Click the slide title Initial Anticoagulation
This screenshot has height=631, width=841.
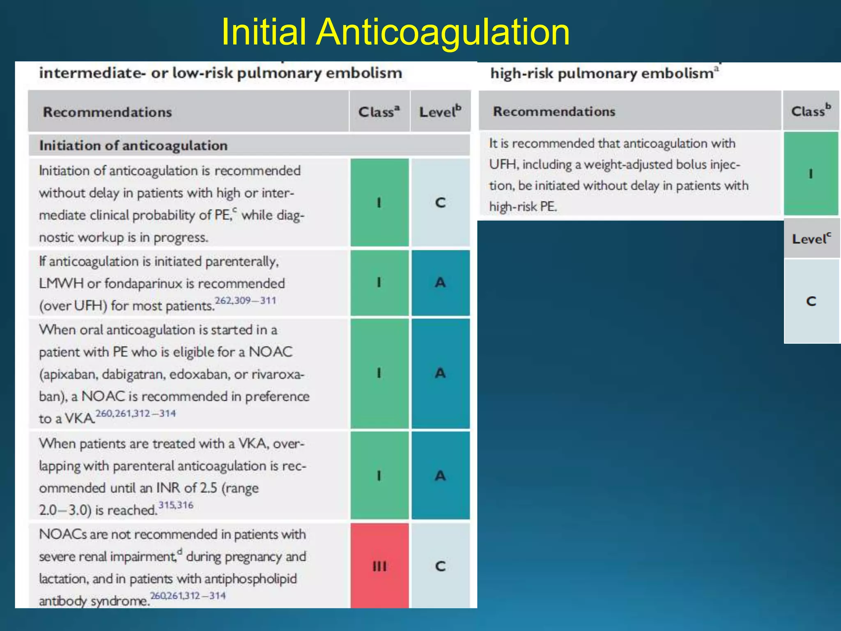click(x=395, y=32)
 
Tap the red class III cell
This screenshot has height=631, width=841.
click(x=379, y=566)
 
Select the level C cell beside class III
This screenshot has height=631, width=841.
click(x=440, y=566)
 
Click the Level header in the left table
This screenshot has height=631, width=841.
click(x=440, y=112)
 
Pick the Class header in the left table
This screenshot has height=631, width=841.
click(x=379, y=112)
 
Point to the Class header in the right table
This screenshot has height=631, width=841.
click(x=811, y=111)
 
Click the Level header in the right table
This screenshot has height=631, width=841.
click(x=811, y=239)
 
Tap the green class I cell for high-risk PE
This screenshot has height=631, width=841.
click(x=811, y=174)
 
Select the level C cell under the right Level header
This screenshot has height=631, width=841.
click(x=811, y=301)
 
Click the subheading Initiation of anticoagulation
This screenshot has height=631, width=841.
click(x=133, y=145)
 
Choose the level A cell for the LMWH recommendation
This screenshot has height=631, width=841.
click(x=440, y=283)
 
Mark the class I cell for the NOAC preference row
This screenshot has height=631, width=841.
click(x=379, y=373)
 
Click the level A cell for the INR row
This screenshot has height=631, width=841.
click(x=440, y=476)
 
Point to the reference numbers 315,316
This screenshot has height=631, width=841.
click(x=176, y=505)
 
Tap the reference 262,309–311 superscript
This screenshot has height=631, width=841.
click(x=246, y=300)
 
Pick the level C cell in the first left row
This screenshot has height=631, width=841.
click(x=440, y=203)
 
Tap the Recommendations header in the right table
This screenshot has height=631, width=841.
click(x=554, y=111)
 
